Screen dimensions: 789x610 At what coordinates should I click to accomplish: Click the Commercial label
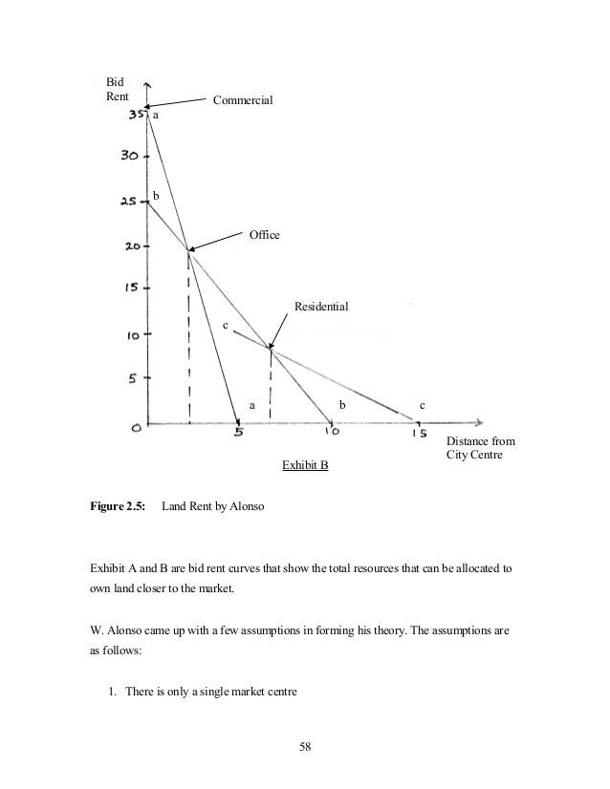tap(243, 99)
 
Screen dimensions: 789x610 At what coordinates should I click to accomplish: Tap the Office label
tap(265, 233)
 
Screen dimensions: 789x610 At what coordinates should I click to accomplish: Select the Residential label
tap(321, 307)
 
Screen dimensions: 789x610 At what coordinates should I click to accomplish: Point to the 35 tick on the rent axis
tap(136, 115)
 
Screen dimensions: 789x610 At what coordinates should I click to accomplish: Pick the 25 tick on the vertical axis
tap(130, 202)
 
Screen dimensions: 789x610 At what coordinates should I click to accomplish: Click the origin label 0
tap(138, 430)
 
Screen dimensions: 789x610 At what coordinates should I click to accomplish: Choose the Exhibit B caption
tap(305, 465)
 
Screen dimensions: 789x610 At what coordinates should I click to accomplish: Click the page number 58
tap(305, 746)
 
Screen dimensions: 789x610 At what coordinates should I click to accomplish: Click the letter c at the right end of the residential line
tap(423, 406)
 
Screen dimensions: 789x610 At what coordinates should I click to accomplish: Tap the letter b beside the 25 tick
tap(157, 196)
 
